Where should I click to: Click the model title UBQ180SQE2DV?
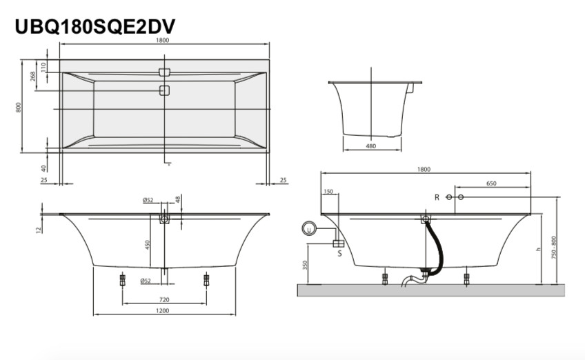95,26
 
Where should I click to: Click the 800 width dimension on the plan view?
19,108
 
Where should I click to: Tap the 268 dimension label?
33,76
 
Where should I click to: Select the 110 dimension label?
43,67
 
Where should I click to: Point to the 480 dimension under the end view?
371,146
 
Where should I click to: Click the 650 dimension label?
491,183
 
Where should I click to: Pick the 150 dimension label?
328,192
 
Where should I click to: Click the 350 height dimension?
305,266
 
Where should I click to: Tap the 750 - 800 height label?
554,248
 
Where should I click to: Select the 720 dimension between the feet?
164,299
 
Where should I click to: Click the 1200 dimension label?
163,310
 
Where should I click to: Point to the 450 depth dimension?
148,245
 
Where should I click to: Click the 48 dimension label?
178,199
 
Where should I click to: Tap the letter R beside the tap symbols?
437,197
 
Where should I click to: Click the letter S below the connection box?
339,254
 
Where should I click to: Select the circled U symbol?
309,229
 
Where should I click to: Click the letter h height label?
538,249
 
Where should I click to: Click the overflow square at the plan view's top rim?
164,72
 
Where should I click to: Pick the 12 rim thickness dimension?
38,230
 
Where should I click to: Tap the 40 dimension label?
44,169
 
